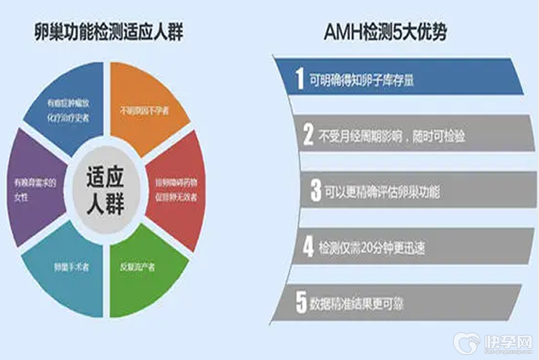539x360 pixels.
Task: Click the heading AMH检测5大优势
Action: coord(385,33)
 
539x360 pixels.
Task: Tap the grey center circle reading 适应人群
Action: coord(105,190)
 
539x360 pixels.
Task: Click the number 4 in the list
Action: coord(308,247)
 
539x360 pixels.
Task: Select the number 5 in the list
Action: coord(301,303)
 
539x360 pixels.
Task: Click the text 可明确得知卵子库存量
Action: coord(361,79)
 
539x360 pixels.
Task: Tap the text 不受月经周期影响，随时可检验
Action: coord(393,137)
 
